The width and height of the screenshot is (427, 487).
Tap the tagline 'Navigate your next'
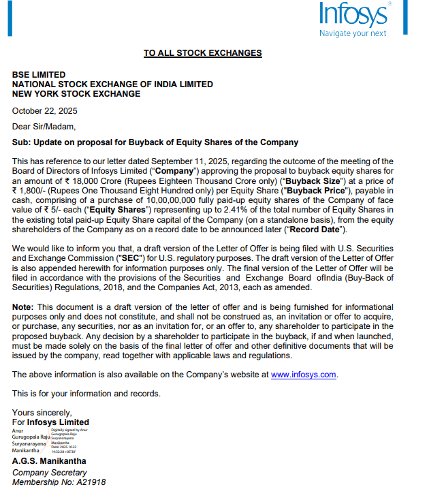click(x=353, y=33)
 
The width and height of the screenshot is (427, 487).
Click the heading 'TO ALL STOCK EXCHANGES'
click(x=202, y=53)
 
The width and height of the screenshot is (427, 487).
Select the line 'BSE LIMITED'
click(x=39, y=75)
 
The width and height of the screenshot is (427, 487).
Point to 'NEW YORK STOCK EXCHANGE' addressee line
click(x=76, y=94)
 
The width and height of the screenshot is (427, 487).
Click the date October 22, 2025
click(x=44, y=110)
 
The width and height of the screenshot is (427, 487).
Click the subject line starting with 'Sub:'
click(x=155, y=142)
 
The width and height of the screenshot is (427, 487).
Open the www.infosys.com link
click(x=304, y=374)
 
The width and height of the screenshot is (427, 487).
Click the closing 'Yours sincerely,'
click(x=42, y=412)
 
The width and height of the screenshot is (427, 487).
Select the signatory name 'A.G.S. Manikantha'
click(x=49, y=461)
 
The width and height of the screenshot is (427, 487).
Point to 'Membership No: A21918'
click(x=59, y=482)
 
